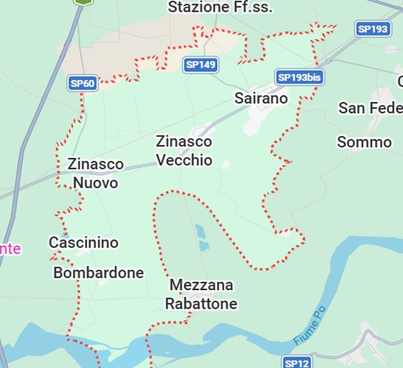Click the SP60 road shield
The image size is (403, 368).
point(83,83)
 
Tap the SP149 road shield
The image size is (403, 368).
point(201,65)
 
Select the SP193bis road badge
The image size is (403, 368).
point(300,77)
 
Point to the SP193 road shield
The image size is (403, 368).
point(373,29)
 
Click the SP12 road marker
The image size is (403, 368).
point(297,363)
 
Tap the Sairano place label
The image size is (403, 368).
point(261,98)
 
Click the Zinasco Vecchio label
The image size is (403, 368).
point(184,150)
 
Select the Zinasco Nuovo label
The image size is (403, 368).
point(95,173)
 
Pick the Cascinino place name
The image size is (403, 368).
point(83,242)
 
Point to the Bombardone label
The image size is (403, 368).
point(99,273)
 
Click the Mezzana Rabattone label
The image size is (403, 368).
point(201,294)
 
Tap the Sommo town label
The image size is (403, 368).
point(364,142)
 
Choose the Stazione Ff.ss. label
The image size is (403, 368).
point(220,7)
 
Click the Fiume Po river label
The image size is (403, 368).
point(310,326)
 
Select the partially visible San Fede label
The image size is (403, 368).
point(370,108)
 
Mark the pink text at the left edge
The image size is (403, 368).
point(10,249)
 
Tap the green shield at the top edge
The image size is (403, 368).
point(83,2)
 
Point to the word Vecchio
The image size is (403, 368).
point(184,160)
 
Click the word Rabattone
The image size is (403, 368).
point(201,304)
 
